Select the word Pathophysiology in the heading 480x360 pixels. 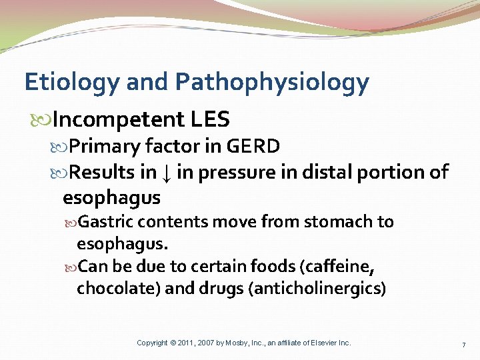click(271, 83)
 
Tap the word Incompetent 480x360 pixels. click(118, 119)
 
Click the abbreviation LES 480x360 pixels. click(209, 119)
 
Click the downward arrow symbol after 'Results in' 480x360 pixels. click(167, 173)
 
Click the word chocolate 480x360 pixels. click(111, 289)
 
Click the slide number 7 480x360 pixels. click(463, 343)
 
